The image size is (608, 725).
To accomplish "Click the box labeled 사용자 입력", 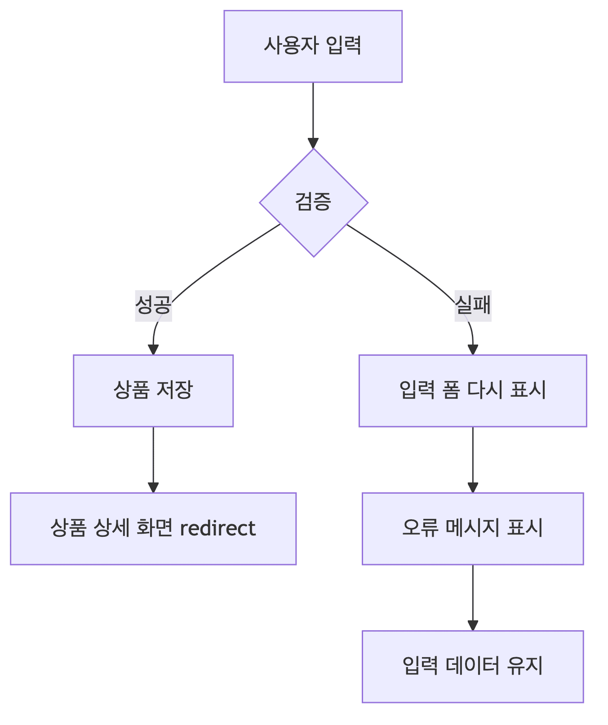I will (313, 46).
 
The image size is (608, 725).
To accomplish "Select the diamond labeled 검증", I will (313, 202).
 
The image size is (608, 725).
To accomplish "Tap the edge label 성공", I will (153, 305).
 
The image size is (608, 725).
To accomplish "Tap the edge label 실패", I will (473, 305).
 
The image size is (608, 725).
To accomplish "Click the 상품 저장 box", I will (153, 390).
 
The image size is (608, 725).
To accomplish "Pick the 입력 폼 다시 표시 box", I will (473, 390).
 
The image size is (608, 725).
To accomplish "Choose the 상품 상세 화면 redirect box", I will (153, 528).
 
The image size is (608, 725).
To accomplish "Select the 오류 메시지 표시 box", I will (473, 528).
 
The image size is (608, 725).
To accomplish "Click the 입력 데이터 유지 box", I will (473, 666).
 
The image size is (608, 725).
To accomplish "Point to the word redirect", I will (217, 528).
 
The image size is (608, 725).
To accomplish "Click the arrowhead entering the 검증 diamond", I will (313, 143).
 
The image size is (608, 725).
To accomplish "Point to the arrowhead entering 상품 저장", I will (153, 349).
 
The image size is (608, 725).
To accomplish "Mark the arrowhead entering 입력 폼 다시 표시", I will (473, 349).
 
